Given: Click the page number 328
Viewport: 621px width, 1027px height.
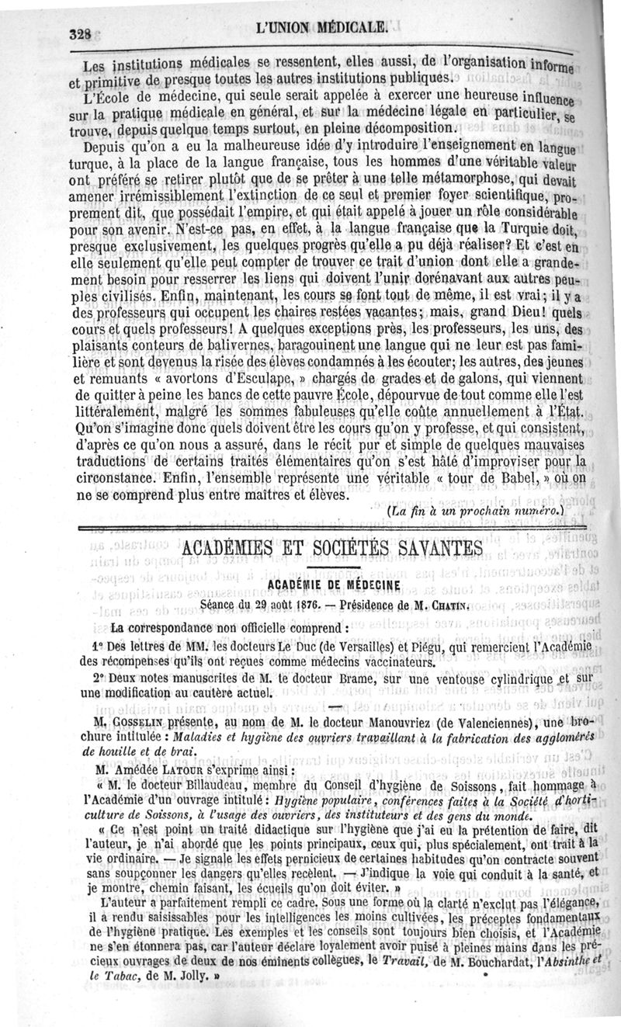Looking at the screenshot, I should pos(81,33).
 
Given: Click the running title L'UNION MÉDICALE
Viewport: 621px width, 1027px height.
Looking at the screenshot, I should pos(325,29).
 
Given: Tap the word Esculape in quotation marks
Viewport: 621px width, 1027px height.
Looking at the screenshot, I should pos(242,379).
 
